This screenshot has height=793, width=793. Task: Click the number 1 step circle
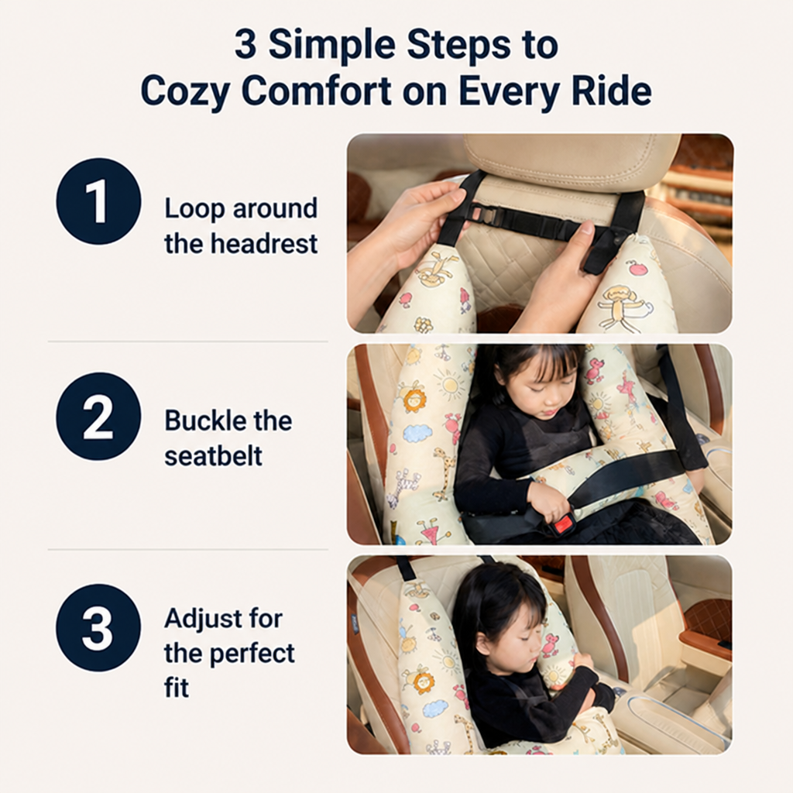98,201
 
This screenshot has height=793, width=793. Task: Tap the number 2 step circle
98,416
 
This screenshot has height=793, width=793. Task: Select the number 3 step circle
98,627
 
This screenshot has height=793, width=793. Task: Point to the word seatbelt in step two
214,455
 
